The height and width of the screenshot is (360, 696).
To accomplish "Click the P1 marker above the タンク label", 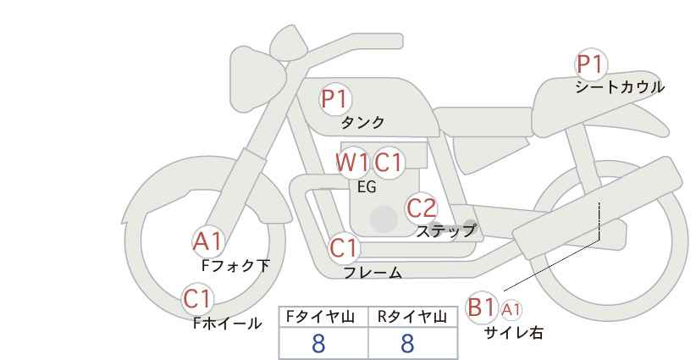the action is (335, 98).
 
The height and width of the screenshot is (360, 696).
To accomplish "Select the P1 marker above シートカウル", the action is (591, 64).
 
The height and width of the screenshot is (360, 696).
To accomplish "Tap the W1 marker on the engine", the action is (352, 163).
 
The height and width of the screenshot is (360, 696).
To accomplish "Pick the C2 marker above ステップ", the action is (423, 208).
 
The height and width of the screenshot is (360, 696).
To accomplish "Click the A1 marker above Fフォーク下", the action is (207, 242).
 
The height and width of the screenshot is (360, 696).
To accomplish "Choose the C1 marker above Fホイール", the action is (198, 299).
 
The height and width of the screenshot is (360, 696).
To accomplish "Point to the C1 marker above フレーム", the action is (344, 248).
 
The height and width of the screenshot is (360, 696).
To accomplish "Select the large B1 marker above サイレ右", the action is (481, 307).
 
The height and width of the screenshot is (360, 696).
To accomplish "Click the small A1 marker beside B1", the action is (511, 310).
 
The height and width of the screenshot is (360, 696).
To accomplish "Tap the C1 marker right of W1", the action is (389, 163).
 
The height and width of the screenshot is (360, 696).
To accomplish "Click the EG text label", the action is (367, 187).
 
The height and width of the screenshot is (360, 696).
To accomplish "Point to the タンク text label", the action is (362, 123).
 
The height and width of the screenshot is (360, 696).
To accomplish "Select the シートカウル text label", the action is (620, 87).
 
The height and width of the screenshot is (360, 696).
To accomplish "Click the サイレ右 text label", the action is (514, 333).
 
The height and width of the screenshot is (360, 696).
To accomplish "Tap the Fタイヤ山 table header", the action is (320, 317).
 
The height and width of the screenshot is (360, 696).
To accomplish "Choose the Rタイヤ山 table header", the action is (412, 317).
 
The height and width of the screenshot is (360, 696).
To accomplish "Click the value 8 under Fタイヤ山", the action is (318, 344).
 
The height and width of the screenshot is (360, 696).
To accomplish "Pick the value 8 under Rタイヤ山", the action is (407, 344).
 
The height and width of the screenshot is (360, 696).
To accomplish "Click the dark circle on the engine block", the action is (384, 219).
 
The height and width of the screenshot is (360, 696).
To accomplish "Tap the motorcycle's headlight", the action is (257, 80).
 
